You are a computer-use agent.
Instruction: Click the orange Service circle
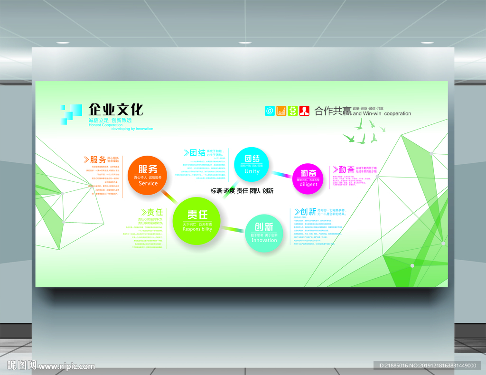click(x=148, y=175)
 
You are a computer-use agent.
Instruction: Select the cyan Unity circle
click(x=252, y=164)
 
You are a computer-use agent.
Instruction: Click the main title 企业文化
click(x=116, y=110)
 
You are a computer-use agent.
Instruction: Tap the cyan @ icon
click(x=270, y=111)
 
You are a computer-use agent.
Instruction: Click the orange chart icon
click(x=281, y=111)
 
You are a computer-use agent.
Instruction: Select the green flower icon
click(x=293, y=111)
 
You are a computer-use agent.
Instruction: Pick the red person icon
click(x=304, y=111)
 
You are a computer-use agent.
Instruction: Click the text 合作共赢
click(x=333, y=111)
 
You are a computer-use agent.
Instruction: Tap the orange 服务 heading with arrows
click(x=95, y=159)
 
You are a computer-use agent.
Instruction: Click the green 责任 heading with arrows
click(x=151, y=212)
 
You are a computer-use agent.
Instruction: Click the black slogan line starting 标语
click(x=242, y=191)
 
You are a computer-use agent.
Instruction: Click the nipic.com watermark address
click(x=66, y=366)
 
